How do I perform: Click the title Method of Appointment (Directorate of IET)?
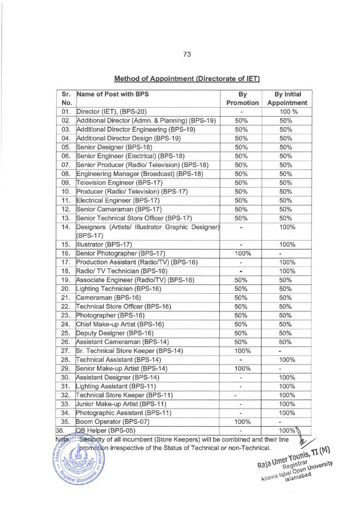[187, 79]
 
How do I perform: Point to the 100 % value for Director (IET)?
[285, 111]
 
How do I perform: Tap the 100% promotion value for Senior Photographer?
[241, 253]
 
